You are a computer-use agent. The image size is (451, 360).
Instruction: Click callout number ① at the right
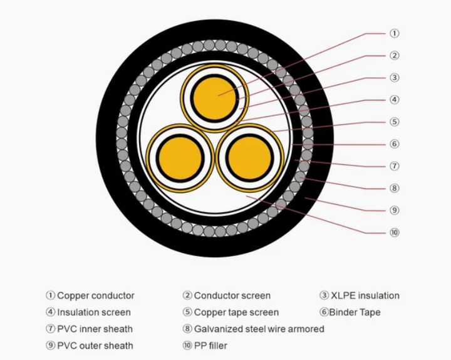pos(395,33)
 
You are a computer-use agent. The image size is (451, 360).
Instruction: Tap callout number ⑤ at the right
pos(395,121)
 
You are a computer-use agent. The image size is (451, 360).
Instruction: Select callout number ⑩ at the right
pos(395,232)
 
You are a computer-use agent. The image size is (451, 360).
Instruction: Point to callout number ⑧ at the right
pos(395,188)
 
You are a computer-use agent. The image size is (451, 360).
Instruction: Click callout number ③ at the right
pos(395,78)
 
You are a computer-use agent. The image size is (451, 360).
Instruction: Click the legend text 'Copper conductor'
pos(95,296)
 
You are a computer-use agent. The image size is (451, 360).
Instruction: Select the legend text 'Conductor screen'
pos(232,296)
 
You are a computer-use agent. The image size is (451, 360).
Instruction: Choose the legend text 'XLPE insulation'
pos(365,296)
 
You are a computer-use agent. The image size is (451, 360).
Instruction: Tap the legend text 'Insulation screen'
pos(94,312)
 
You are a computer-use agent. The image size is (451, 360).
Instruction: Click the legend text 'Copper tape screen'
pos(236,312)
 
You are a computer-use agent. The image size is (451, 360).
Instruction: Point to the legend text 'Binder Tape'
pos(355,312)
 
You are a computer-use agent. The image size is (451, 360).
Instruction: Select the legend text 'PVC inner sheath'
pos(95,329)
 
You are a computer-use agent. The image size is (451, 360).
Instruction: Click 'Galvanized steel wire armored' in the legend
pos(259,329)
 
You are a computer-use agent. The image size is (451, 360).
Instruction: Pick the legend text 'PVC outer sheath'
pos(95,345)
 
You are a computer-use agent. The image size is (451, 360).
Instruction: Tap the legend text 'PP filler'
pos(210,345)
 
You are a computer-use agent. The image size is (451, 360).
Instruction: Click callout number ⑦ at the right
pos(395,166)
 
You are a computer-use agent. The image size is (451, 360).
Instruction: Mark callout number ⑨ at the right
pos(395,210)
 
